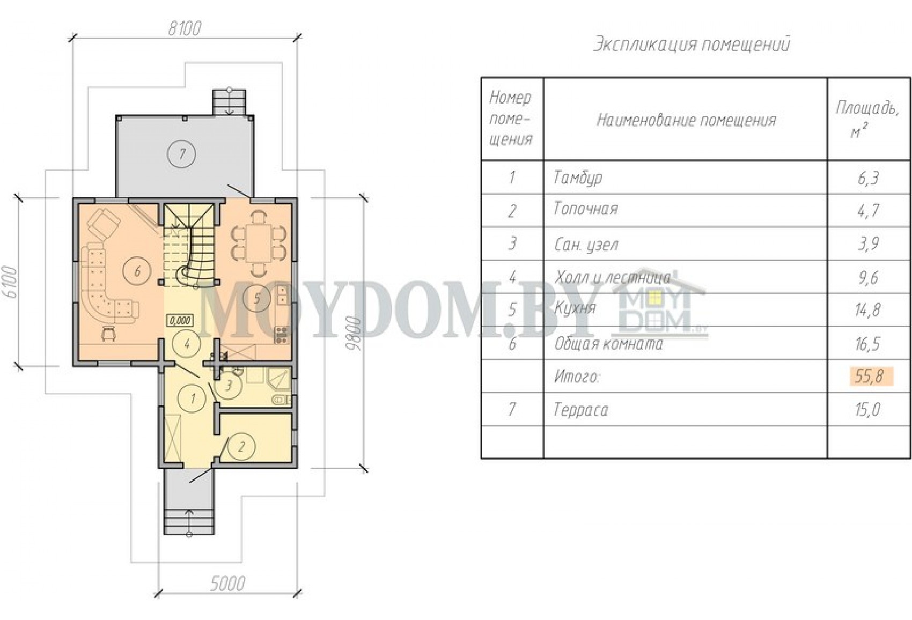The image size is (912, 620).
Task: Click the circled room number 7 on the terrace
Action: click(181, 154)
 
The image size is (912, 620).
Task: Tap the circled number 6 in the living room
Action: click(137, 271)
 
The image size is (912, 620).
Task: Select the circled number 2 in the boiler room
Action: click(241, 447)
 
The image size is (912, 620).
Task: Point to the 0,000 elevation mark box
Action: click(180, 321)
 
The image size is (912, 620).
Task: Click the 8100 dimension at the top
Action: click(185, 29)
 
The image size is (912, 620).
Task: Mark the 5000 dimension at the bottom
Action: click(227, 584)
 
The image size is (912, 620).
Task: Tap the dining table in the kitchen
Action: click(258, 244)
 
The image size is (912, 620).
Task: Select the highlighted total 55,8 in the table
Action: click(869, 376)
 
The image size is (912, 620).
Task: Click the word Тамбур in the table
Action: click(578, 178)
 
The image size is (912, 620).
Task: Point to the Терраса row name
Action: click(581, 410)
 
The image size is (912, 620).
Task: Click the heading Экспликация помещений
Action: click(691, 45)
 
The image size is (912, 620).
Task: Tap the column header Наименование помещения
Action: click(687, 120)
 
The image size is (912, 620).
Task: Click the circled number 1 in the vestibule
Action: click(192, 398)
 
